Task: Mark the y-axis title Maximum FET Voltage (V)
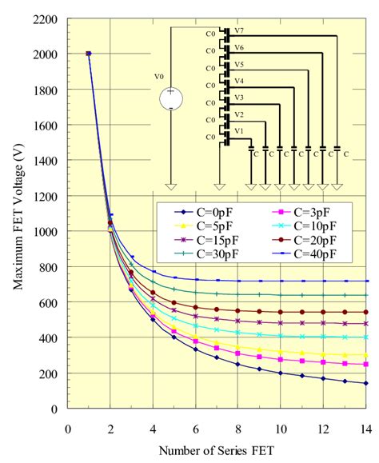[15, 214]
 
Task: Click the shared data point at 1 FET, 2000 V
[88, 54]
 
